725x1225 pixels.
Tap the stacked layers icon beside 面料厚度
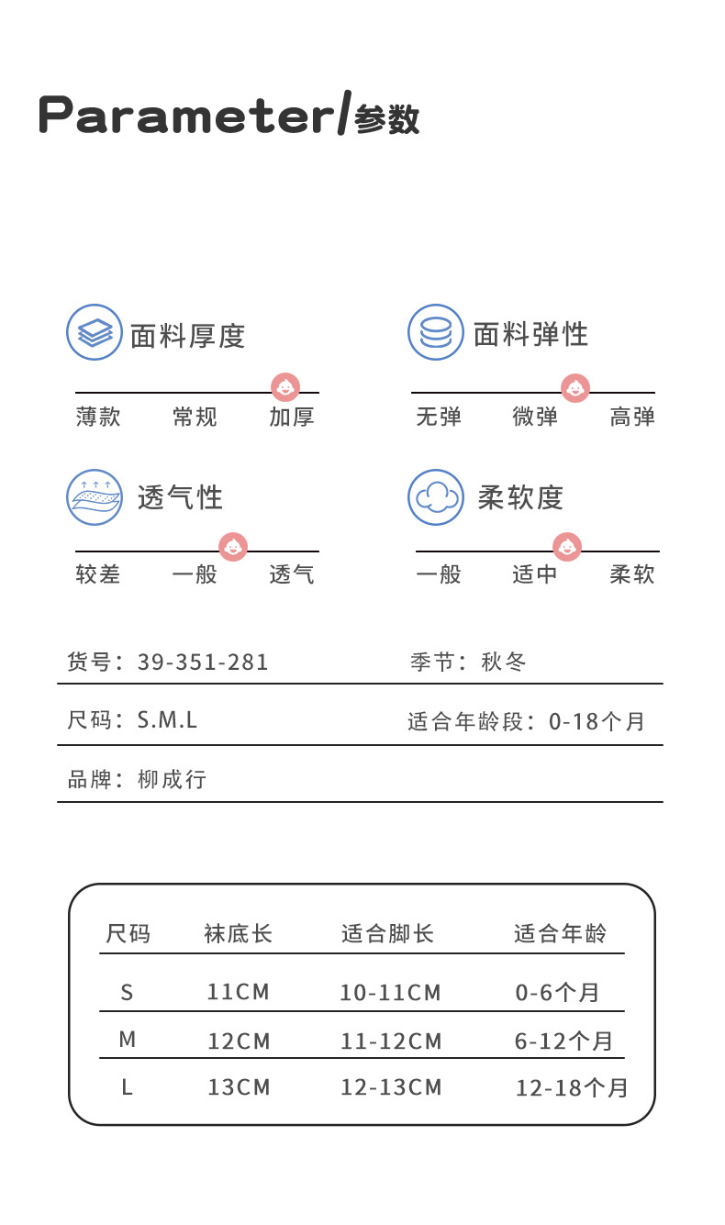click(95, 332)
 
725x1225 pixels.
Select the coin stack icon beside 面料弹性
click(436, 332)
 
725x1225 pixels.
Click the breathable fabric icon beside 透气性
click(95, 497)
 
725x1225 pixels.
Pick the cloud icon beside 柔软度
click(436, 497)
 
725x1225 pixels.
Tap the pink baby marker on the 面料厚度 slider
click(285, 387)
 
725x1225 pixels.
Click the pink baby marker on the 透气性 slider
click(233, 547)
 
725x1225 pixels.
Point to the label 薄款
click(98, 418)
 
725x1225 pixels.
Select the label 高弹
click(632, 418)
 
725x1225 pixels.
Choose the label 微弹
click(535, 418)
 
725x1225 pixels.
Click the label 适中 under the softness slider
click(535, 575)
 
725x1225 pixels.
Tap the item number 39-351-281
click(203, 663)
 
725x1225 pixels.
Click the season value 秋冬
click(504, 663)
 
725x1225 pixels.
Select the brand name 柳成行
click(173, 780)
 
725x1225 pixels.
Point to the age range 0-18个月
click(597, 721)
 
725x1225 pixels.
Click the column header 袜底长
click(239, 935)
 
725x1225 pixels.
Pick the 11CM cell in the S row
click(239, 992)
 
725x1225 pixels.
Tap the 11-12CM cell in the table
click(391, 1041)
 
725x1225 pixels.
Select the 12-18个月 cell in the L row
click(572, 1088)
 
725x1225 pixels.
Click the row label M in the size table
click(128, 1040)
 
